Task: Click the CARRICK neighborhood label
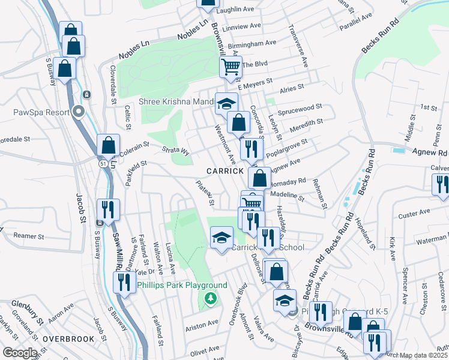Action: (x=224, y=171)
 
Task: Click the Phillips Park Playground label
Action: (x=183, y=285)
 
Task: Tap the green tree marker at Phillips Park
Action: (x=210, y=298)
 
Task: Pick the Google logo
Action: (x=20, y=352)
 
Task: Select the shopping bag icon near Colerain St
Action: (x=108, y=145)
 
